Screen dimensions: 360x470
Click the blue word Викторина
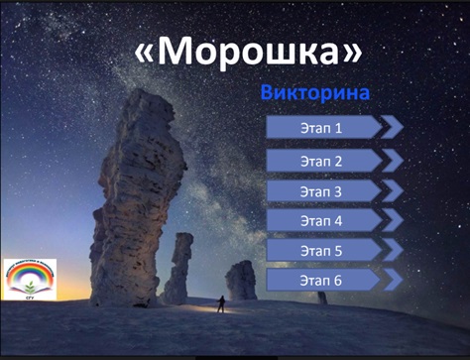[314, 93]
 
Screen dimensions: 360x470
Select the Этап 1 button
[322, 128]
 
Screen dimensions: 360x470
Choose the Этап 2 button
[322, 160]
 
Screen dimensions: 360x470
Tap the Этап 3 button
[322, 191]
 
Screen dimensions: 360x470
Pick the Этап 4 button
[322, 220]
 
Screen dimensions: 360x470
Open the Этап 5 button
[322, 251]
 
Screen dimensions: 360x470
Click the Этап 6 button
[322, 282]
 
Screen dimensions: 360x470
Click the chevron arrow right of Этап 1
[393, 127]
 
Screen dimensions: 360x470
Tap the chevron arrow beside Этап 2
[393, 160]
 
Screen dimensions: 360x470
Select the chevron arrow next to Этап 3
[393, 191]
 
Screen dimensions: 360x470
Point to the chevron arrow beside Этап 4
[393, 220]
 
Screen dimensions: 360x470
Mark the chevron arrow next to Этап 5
[393, 251]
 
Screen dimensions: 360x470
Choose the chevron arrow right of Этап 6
[393, 282]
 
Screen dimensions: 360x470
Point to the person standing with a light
[221, 303]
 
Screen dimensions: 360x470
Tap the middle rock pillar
[179, 268]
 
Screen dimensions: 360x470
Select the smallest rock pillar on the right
[241, 280]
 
